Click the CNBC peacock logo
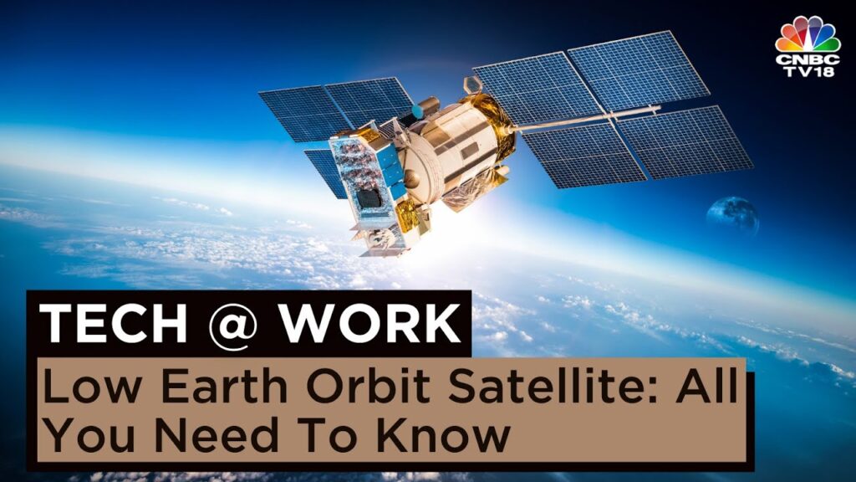[807, 35]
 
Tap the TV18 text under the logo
[807, 74]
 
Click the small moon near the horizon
[731, 215]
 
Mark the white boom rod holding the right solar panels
[585, 118]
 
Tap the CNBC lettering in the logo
[807, 60]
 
